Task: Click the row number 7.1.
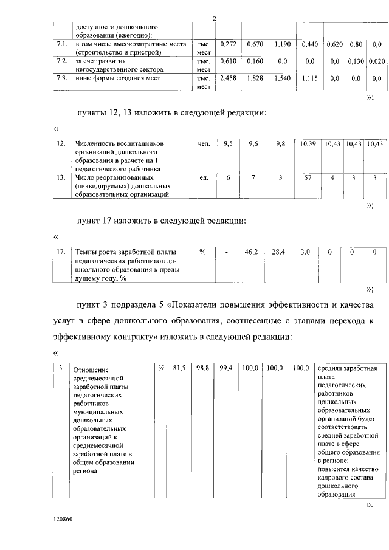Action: pyautogui.click(x=61, y=44)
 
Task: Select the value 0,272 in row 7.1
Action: pyautogui.click(x=228, y=44)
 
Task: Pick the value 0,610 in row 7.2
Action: pyautogui.click(x=228, y=61)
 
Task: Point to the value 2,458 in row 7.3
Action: pyautogui.click(x=228, y=78)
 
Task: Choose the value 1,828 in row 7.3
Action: pyautogui.click(x=255, y=78)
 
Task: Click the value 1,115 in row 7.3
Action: pyautogui.click(x=309, y=78)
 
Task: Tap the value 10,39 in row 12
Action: pyautogui.click(x=309, y=144)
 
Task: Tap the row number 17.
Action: pyautogui.click(x=61, y=251)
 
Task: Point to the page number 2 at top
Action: pyautogui.click(x=215, y=18)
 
